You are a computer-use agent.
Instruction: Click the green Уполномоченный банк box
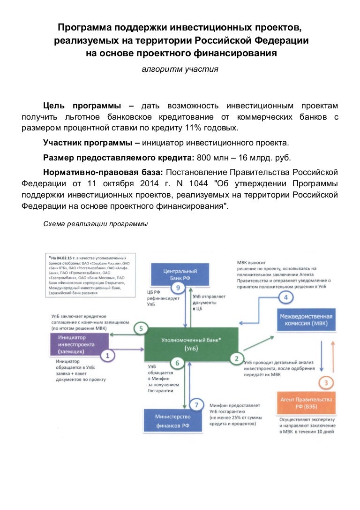point(191,345)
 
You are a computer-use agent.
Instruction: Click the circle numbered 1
point(108,356)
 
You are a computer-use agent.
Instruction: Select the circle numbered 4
point(286,297)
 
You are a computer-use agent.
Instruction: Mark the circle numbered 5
point(140,328)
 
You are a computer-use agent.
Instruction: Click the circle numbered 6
point(177,363)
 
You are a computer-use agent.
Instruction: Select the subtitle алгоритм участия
point(180,70)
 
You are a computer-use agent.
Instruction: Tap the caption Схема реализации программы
point(96,224)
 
